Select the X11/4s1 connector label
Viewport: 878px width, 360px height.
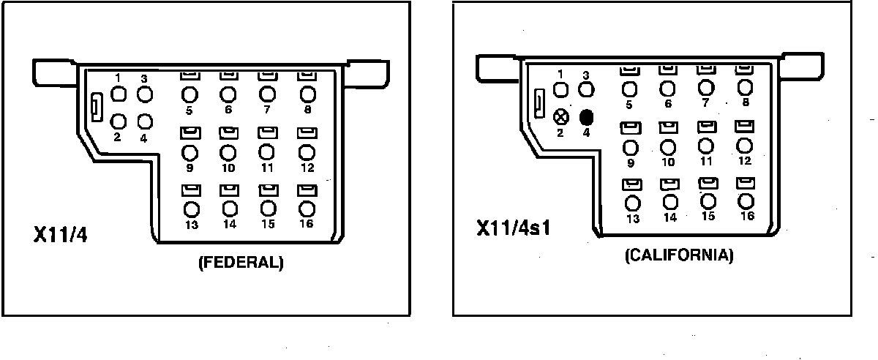point(513,227)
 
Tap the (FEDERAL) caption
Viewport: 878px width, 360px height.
point(240,263)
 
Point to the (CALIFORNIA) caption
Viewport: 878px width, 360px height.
point(679,256)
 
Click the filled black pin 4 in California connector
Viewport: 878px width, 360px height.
point(586,117)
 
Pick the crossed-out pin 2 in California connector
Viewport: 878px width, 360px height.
point(561,116)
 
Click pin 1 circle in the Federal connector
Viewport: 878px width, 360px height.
point(119,94)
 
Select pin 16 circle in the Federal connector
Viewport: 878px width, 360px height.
point(307,209)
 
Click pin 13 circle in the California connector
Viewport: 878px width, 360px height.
point(633,203)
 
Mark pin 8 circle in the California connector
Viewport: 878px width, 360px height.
point(745,87)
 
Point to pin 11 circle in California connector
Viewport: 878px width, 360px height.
point(706,146)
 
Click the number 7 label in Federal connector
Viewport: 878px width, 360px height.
point(267,110)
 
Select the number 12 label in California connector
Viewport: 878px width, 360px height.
point(745,161)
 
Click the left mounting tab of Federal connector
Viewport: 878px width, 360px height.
point(55,72)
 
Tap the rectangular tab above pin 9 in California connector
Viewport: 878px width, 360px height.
point(630,127)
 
